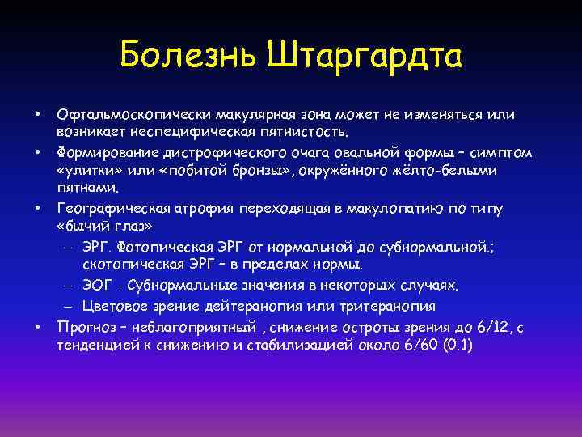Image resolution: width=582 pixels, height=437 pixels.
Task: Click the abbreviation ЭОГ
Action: pos(96,286)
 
